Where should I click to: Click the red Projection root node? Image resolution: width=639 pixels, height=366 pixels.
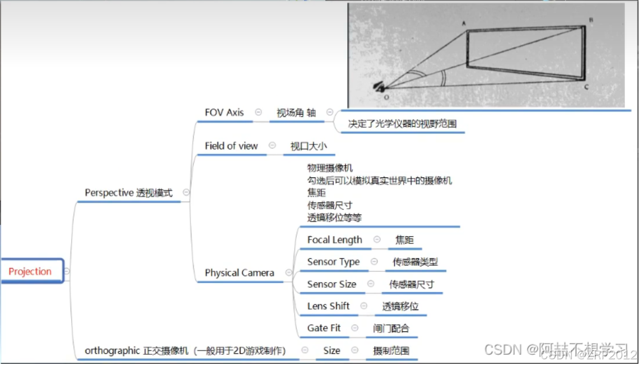[30, 271]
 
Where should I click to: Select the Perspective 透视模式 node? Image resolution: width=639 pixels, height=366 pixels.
[129, 193]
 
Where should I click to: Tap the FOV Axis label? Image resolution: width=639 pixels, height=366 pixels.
[224, 112]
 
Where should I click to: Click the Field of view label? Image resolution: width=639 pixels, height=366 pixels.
[231, 146]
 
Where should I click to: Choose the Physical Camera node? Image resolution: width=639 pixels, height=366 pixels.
[239, 273]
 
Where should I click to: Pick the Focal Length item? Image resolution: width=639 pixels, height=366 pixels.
[334, 240]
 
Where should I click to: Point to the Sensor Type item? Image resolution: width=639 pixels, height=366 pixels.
[333, 262]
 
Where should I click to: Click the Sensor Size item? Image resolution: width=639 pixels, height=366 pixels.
[332, 284]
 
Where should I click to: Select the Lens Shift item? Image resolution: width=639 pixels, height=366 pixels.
[328, 306]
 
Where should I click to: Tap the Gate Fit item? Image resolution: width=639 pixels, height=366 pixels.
[324, 328]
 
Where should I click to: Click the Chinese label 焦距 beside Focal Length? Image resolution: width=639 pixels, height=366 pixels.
[404, 240]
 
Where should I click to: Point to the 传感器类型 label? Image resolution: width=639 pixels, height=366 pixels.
[415, 262]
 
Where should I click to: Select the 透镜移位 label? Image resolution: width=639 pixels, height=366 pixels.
[400, 307]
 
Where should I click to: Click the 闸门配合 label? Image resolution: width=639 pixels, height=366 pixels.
[391, 329]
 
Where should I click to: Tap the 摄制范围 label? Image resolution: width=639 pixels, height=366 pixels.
[391, 351]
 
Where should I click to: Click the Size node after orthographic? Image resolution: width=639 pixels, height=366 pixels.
[332, 351]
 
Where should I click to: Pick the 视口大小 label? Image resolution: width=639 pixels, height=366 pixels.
[309, 147]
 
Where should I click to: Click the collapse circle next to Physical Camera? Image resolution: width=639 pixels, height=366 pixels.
[288, 273]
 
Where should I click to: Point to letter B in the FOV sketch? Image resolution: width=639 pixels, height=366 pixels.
[591, 20]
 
